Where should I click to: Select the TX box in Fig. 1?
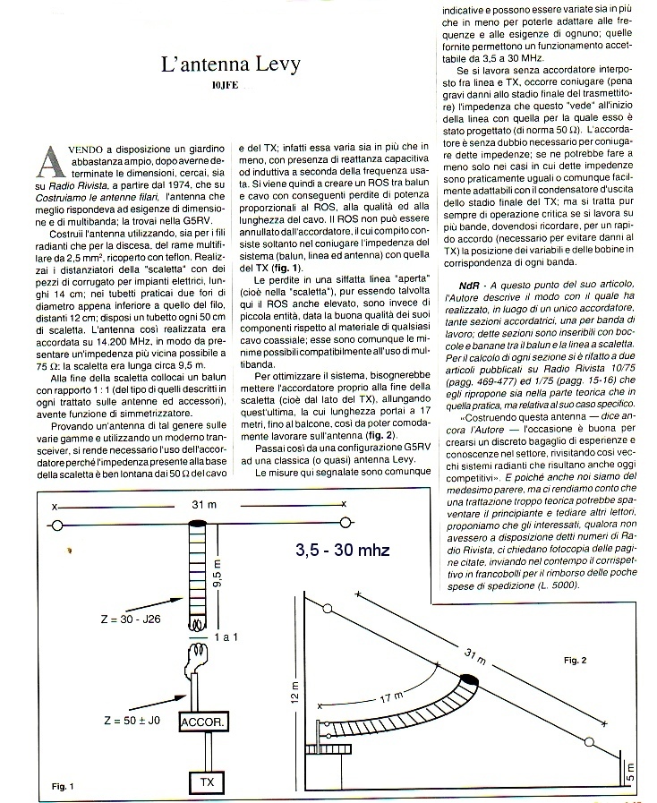click(207, 782)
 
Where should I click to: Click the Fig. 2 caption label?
click(576, 660)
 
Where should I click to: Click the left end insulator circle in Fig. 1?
click(58, 527)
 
